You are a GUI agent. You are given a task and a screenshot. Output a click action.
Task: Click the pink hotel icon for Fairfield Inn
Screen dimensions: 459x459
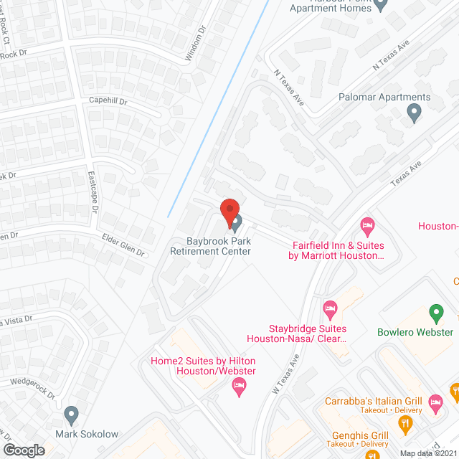coord(367,227)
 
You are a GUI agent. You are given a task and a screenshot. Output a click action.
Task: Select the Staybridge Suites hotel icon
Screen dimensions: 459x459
coord(330,309)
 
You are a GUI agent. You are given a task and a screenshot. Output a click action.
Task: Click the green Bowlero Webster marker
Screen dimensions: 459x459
coord(435,313)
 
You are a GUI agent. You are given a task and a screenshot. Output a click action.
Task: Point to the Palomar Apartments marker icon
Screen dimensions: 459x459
coord(413,112)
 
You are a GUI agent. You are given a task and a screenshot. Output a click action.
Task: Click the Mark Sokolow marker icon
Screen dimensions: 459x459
coord(71,415)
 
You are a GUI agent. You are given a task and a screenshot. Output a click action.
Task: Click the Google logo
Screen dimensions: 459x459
coord(23,450)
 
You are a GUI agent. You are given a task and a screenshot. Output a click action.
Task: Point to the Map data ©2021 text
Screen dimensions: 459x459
coord(428,453)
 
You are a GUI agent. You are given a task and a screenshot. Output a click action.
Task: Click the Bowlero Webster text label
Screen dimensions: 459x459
coord(415,332)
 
